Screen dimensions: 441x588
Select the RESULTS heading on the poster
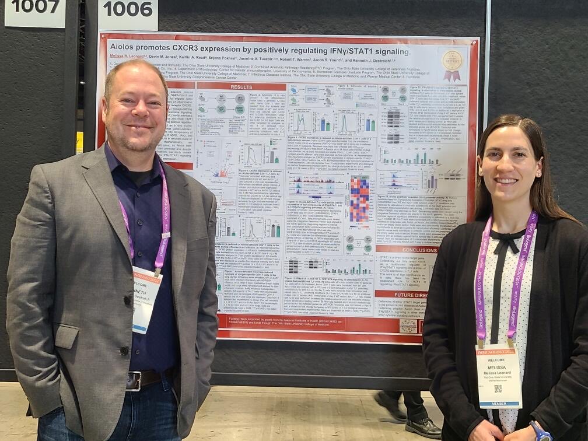click(242, 86)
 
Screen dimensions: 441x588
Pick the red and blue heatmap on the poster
click(359, 199)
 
